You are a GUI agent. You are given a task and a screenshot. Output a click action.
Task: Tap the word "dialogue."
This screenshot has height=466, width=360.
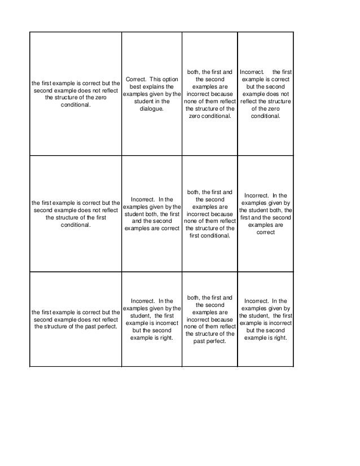pos(152,108)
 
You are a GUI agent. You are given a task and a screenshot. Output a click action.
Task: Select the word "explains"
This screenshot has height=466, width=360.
pos(160,86)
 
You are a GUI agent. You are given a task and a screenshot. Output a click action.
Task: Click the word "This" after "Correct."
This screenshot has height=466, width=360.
pos(153,79)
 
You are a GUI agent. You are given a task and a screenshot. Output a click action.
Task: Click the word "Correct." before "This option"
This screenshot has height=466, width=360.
pos(136,79)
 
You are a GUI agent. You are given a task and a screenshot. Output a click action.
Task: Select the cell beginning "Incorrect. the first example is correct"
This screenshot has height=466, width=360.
pos(265,94)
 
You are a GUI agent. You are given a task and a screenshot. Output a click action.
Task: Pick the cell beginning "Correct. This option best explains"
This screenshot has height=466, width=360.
pos(152,94)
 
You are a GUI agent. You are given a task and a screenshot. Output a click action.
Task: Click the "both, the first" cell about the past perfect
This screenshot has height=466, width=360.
pos(209,319)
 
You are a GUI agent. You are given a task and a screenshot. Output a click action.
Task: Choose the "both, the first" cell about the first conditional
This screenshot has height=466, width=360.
pos(209,214)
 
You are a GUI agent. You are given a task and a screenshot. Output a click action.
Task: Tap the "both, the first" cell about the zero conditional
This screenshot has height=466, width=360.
pos(209,94)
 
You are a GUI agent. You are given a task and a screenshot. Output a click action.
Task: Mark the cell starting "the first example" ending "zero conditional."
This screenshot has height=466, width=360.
pos(76,94)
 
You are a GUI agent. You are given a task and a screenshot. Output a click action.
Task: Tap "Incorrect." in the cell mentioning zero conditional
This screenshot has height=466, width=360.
pos(253,72)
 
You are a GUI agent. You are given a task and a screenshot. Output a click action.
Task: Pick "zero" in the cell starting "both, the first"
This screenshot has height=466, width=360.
pos(195,116)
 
